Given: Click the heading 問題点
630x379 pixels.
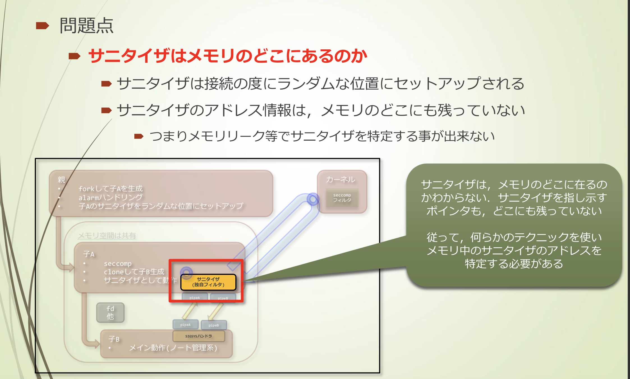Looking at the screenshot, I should pos(86,26).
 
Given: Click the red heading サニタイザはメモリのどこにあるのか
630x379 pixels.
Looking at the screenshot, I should pos(227,56).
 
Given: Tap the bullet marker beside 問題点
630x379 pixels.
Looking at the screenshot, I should pos(42,26).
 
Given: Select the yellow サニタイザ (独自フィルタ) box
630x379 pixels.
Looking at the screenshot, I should pos(208,282).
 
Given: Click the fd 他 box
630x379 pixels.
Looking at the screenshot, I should pos(110,312).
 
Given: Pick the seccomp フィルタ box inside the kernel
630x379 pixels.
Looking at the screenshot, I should pos(342,198).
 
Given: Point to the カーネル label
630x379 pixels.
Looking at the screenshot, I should pos(341,179).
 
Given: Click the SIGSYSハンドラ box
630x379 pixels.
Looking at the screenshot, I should pos(199,336).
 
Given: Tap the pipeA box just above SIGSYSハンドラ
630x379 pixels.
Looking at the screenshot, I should pos(185,325).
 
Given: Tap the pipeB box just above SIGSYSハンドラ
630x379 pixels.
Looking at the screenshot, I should pos(214,325).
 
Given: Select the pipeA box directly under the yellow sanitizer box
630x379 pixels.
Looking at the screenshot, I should pos(195,298).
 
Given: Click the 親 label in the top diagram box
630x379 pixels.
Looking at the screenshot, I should pos(61,180).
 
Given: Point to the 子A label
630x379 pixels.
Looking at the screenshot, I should pos(89,254).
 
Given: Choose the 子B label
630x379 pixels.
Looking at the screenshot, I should pos(114,339).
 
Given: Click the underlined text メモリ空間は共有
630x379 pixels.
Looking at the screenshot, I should pos(107,236).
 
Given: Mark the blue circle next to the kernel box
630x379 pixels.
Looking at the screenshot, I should pos(313,199).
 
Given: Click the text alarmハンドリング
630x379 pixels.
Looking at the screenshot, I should pos(110,197).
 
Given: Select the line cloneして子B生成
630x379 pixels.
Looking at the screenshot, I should pos(134,272).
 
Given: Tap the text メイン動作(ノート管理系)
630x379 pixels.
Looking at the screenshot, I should pos(173,348).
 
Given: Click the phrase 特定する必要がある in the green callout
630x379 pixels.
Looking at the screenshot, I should pos(514,264).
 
